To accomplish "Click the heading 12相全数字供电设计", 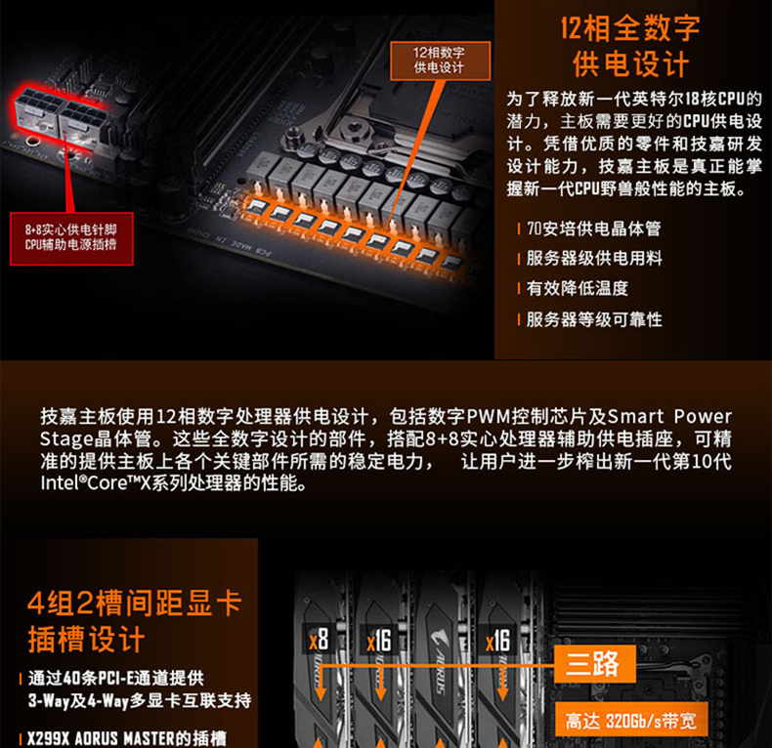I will click(630, 47).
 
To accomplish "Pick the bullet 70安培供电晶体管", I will click(593, 229).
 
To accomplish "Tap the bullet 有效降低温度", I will click(577, 289).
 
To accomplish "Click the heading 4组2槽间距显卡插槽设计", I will click(133, 620).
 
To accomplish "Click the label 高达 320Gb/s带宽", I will click(631, 724).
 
